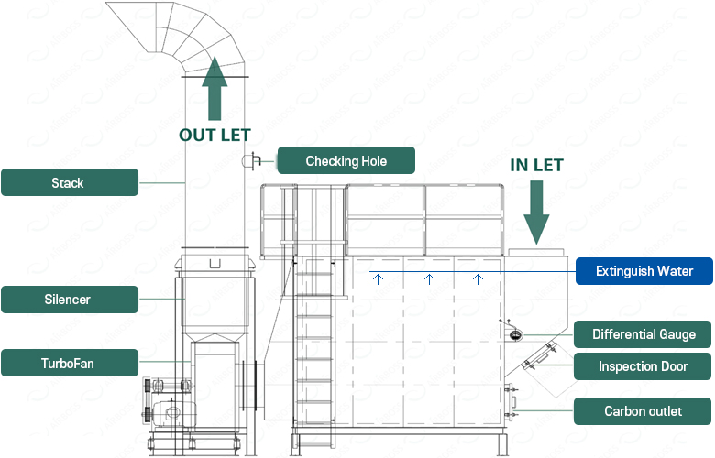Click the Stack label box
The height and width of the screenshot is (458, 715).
tap(70, 182)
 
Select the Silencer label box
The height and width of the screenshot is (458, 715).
tap(70, 300)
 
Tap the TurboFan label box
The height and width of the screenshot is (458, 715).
tap(70, 363)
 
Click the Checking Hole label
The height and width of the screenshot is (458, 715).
tap(346, 160)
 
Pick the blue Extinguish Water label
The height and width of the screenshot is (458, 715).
tap(643, 271)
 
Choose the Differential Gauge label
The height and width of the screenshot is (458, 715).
tap(643, 334)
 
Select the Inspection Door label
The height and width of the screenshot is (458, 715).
tap(643, 366)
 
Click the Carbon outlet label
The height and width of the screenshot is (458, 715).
tap(643, 411)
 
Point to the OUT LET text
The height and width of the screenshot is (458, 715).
tap(214, 135)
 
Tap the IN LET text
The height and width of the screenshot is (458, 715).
tap(536, 165)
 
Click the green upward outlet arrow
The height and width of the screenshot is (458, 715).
tap(214, 89)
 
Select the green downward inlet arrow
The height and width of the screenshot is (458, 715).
tap(536, 213)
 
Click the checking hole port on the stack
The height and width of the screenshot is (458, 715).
tap(251, 161)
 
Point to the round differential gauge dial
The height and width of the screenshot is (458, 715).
tap(515, 335)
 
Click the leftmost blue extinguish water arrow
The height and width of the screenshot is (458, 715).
tap(378, 278)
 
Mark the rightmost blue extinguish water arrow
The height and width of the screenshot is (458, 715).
tap(478, 278)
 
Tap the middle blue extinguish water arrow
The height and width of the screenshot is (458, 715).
tap(429, 278)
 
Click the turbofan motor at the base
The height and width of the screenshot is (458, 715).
tap(172, 413)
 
